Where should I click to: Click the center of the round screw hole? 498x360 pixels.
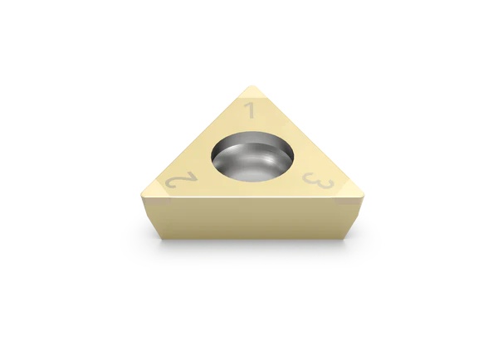point(253,159)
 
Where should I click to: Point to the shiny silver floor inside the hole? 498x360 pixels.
point(257,170)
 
